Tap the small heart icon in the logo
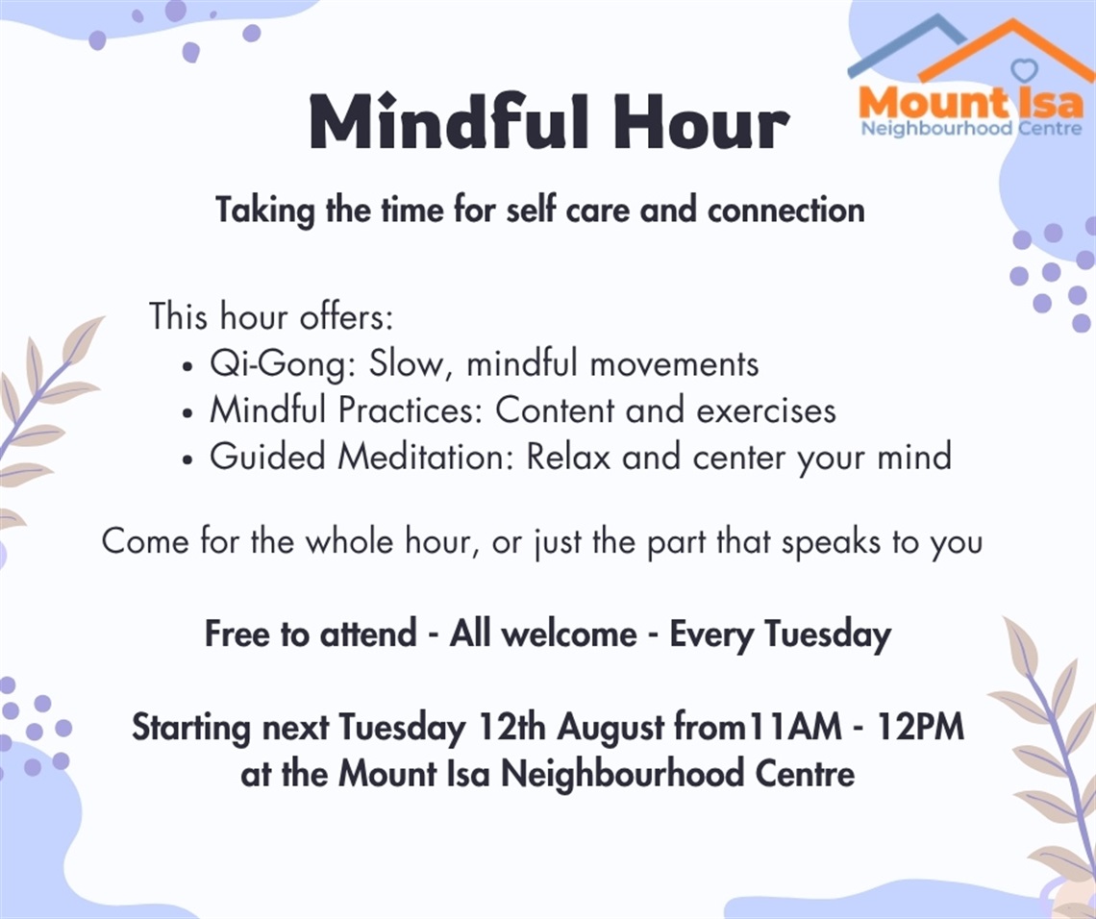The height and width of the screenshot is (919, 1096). pyautogui.click(x=1025, y=69)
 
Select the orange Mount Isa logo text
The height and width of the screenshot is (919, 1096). pyautogui.click(x=970, y=103)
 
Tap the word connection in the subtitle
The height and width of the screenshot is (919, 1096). pyautogui.click(x=785, y=210)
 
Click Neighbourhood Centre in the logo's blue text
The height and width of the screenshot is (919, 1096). pyautogui.click(x=970, y=128)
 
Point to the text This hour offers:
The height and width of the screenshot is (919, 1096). pyautogui.click(x=271, y=316)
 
